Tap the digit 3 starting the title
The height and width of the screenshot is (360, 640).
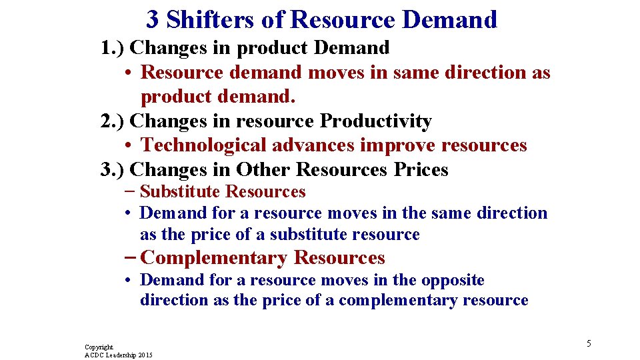click(x=153, y=20)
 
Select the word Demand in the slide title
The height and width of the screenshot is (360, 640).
click(x=450, y=20)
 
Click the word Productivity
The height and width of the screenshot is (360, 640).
click(x=376, y=121)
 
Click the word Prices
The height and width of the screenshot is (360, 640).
click(x=421, y=170)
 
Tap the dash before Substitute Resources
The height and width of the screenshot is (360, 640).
click(x=129, y=192)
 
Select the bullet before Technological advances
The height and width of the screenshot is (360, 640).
click(x=128, y=146)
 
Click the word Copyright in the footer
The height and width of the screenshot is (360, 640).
click(x=99, y=347)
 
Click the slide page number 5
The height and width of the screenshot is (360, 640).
click(x=589, y=343)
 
